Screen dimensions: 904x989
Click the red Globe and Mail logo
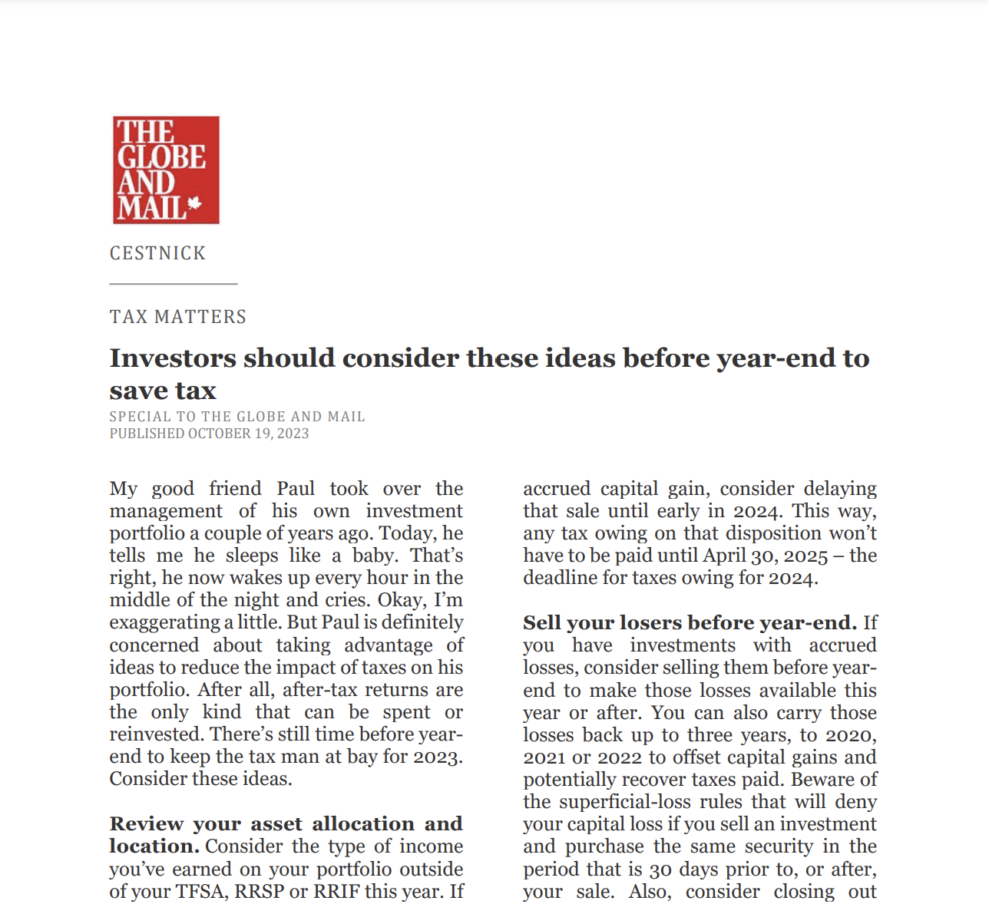(166, 170)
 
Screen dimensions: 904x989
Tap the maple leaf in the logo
(194, 204)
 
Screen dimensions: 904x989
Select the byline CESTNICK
(157, 253)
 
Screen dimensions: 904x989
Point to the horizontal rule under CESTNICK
(174, 284)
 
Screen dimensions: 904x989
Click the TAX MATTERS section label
(178, 317)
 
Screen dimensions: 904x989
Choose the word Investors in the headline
(173, 358)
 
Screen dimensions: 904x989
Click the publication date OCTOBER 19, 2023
(248, 434)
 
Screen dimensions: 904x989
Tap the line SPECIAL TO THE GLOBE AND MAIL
(237, 417)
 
